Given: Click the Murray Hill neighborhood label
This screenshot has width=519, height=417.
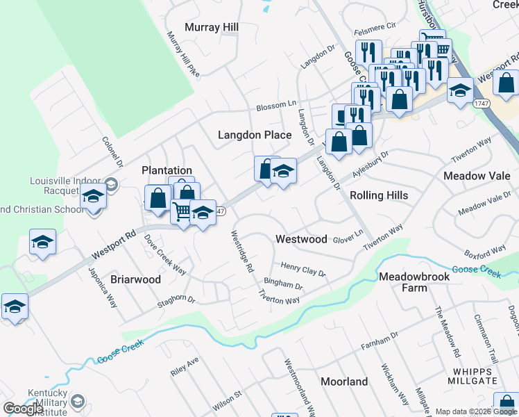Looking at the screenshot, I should click(212, 27).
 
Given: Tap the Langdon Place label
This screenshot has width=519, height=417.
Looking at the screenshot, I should click(255, 135).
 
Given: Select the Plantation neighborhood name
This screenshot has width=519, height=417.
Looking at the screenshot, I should click(167, 170).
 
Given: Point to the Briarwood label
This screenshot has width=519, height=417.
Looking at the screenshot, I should click(136, 279).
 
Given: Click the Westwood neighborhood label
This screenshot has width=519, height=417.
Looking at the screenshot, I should click(301, 239).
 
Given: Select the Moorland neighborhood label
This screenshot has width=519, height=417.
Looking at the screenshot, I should click(344, 382).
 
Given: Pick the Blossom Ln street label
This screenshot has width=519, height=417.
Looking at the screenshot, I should click(276, 106).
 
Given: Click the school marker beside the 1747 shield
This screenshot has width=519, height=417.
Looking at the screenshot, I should click(459, 90).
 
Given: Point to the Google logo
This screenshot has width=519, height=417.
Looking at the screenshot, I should click(23, 409).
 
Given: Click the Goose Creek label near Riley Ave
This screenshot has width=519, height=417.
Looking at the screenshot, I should click(121, 352).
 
